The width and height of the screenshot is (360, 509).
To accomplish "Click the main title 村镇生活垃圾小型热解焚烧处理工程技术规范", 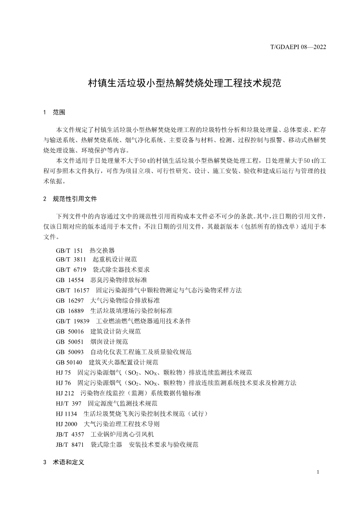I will click(x=180, y=83).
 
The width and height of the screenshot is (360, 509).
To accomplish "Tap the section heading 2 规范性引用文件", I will click(x=72, y=199).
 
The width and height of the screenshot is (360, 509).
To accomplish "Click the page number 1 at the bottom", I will click(x=319, y=473).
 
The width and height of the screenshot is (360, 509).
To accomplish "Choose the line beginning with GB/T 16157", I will click(x=148, y=290).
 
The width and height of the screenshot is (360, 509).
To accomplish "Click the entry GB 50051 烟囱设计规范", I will click(x=92, y=341).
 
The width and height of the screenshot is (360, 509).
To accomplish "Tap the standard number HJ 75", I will click(x=63, y=372).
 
